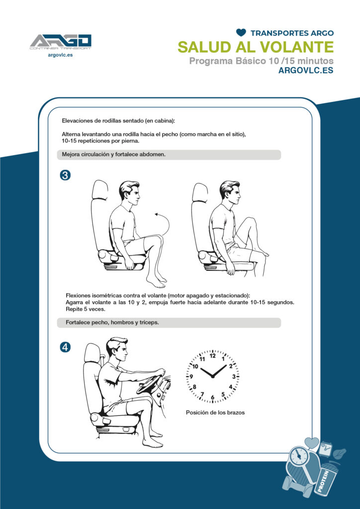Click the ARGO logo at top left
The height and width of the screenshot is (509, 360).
click(x=61, y=43)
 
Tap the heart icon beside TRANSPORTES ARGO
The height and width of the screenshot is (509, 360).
click(x=241, y=32)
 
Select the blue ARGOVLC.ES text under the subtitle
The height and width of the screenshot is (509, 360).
click(x=306, y=71)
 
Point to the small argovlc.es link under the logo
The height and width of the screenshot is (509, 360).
click(x=60, y=55)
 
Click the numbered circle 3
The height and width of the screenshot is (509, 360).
click(x=65, y=175)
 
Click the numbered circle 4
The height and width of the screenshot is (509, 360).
click(x=65, y=347)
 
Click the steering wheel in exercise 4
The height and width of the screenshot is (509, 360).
click(x=150, y=384)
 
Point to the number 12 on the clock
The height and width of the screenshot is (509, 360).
click(x=213, y=356)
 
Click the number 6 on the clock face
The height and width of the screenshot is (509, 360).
click(x=213, y=397)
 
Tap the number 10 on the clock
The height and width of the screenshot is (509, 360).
click(x=195, y=366)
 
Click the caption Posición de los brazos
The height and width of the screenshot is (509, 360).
click(x=215, y=413)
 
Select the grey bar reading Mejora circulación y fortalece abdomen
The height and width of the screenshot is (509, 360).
click(x=169, y=155)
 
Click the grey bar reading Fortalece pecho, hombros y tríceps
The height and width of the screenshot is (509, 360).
click(x=169, y=323)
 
